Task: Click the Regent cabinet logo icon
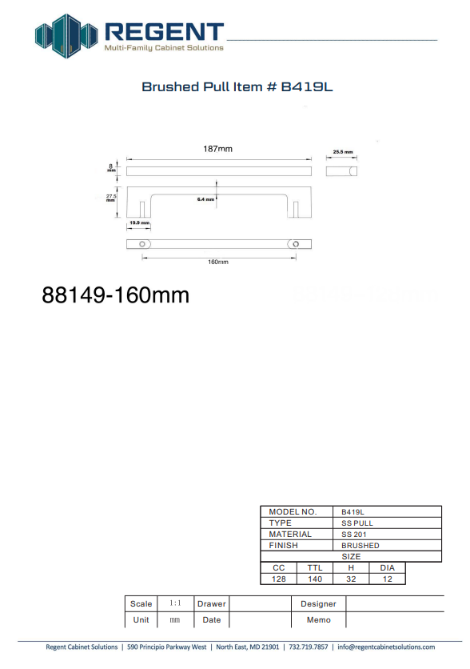coord(66,36)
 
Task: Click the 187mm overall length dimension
coord(217,149)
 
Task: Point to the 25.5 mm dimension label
coord(343,152)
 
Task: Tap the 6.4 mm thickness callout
coord(205,199)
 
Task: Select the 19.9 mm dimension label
coord(139,222)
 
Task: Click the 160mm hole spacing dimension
coord(218,262)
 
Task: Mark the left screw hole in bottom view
coord(142,244)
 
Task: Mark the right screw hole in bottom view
coord(296,244)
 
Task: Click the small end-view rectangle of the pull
coord(341,171)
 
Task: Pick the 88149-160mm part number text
coord(115,294)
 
